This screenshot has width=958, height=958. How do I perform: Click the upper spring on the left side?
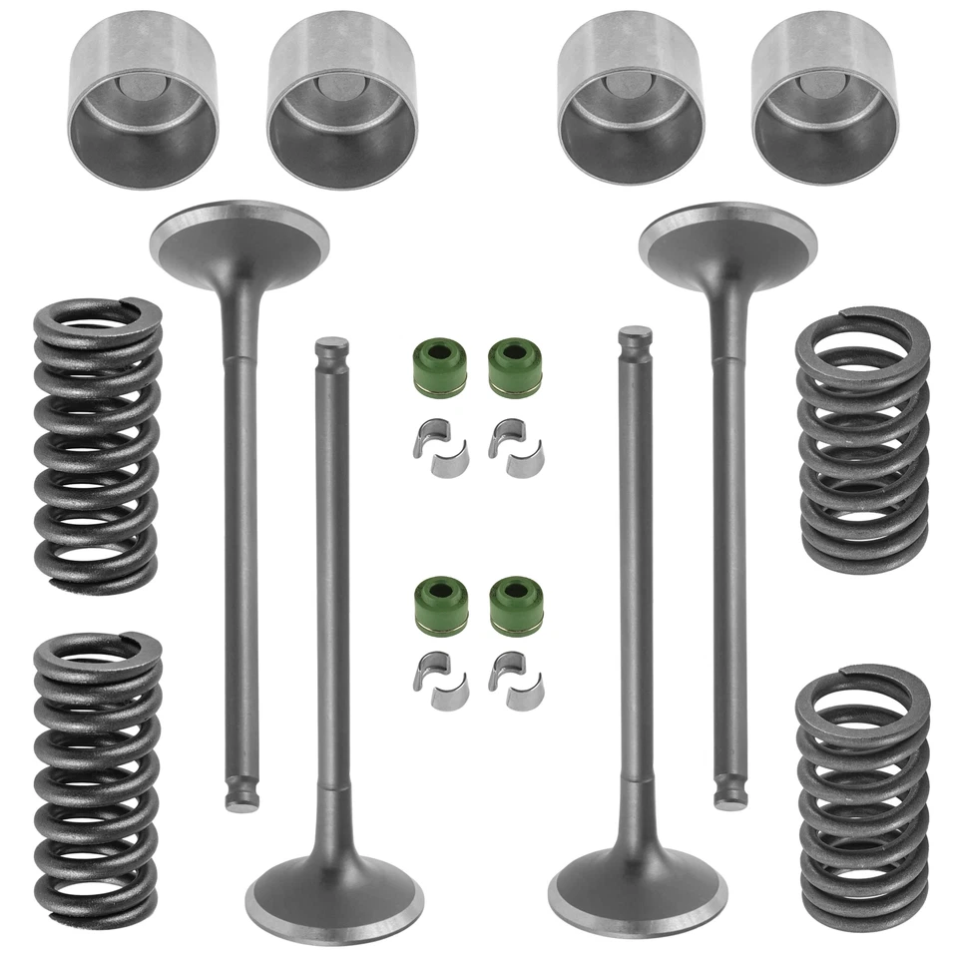[x=97, y=444]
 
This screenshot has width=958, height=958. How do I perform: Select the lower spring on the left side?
[x=97, y=778]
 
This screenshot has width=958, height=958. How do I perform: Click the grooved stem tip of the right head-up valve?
[x=730, y=793]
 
